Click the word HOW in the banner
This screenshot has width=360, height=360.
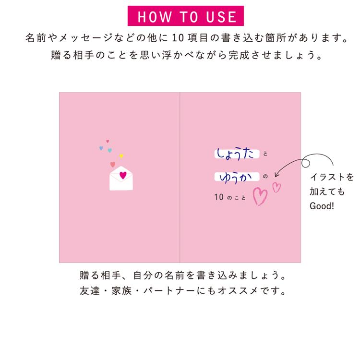coord(155,17)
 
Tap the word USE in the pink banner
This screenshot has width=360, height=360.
coord(221,17)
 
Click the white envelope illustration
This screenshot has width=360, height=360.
coord(121,178)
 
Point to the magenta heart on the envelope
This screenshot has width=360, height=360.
coord(123,175)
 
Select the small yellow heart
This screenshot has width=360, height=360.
coord(121,156)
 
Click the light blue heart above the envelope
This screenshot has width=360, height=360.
coord(110,150)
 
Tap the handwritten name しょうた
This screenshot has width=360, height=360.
coord(235,154)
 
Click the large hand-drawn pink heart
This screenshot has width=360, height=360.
coord(260,196)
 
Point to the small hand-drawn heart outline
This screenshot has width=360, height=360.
coord(276,187)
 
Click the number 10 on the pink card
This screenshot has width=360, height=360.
coord(219,197)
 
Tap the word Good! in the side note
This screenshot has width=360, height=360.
coord(322,206)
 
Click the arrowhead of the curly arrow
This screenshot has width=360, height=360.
coord(276,175)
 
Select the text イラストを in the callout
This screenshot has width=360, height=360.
coord(332,177)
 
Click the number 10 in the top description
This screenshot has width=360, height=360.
coord(178,38)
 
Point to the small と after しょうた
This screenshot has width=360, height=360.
coord(265,154)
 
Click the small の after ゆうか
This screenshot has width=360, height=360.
coord(265,176)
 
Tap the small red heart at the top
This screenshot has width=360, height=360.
coord(108,141)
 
